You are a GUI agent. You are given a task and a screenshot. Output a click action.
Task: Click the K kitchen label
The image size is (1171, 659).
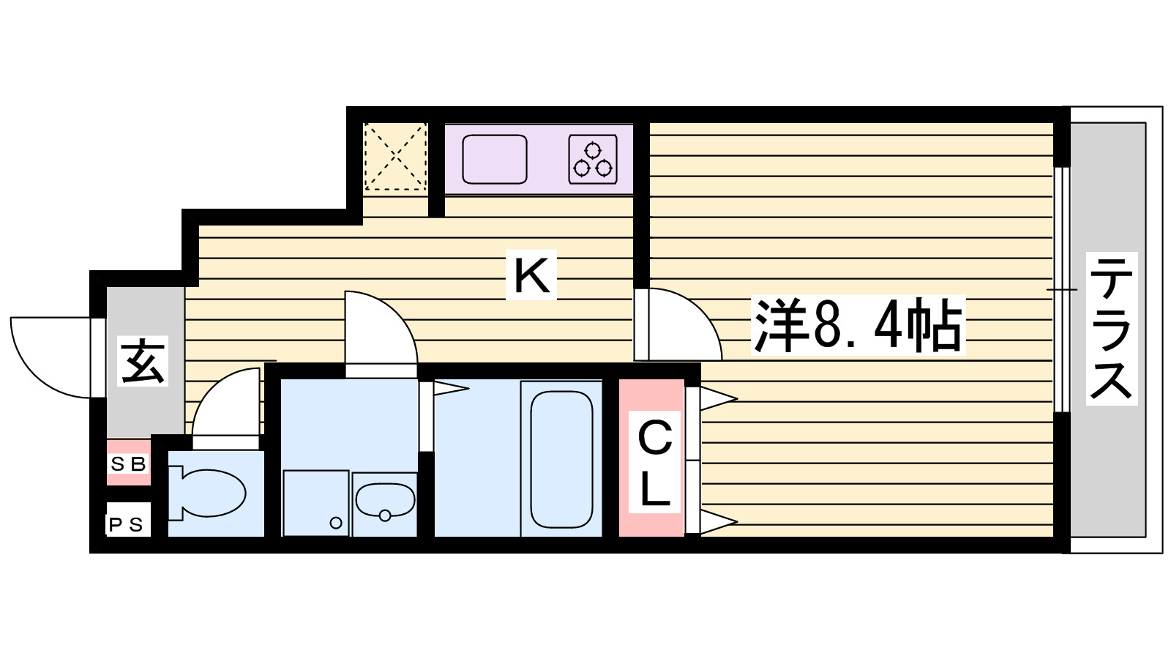pos(531,275)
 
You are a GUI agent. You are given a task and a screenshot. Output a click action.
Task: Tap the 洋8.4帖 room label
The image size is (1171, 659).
pos(858,326)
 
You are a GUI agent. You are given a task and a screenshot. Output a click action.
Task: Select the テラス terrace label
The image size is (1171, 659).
pos(1111,328)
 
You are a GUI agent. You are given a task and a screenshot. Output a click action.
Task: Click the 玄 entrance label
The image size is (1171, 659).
pos(143,361)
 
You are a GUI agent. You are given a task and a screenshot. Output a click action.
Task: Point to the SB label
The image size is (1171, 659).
pos(129,463)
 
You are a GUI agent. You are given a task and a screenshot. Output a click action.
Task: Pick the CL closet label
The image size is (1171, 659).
pos(654,464)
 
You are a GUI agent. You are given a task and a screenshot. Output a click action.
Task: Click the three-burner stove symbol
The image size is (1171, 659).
pos(593,160)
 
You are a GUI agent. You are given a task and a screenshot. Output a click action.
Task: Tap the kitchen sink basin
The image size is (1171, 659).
pos(495,159)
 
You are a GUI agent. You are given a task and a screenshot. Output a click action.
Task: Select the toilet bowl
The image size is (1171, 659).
pos(212,492)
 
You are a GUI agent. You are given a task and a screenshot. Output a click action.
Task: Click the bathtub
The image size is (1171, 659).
pos(561,459)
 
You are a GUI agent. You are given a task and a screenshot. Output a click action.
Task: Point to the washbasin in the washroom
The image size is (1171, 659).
pos(385,501)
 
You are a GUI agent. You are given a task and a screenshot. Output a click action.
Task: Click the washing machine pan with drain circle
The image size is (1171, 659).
pos(315,503)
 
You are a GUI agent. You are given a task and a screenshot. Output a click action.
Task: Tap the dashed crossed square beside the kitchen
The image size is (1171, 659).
pos(395,157)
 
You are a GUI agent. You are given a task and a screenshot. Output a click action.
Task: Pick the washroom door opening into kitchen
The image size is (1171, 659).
pos(381,329)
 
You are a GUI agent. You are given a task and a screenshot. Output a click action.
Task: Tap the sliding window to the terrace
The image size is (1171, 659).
pos(1061,290)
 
